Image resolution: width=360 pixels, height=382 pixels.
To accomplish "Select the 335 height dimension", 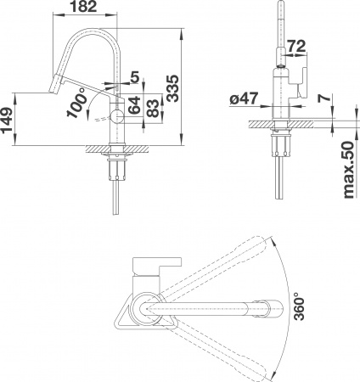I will [x=172, y=87].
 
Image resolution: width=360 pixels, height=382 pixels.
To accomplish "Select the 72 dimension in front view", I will [x=296, y=44].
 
